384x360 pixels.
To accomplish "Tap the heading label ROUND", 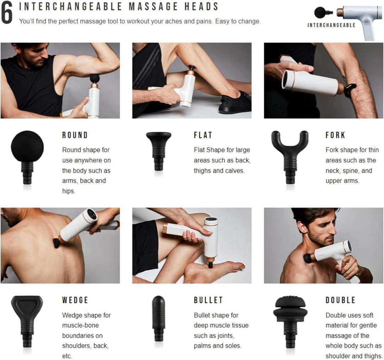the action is (75, 135).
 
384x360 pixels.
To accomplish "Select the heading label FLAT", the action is (203, 135).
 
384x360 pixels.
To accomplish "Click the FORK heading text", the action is (335, 135).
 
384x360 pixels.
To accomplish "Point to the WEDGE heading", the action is (75, 300).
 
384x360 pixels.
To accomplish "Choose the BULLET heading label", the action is (208, 300).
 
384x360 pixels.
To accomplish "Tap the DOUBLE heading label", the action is (340, 300).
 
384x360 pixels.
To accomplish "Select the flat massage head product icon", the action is (159, 151).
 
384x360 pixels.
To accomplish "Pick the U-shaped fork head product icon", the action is (290, 157).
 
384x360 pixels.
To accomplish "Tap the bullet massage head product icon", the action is (159, 319).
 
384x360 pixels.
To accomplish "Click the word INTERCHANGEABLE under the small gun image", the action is (331, 25).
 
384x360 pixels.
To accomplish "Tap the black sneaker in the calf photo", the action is (235, 102).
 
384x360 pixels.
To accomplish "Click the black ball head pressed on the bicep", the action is (95, 78).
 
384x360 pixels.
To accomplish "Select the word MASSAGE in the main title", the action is (153, 7).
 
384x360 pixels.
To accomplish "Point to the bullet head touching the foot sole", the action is (210, 265).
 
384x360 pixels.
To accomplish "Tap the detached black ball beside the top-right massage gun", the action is (320, 12).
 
